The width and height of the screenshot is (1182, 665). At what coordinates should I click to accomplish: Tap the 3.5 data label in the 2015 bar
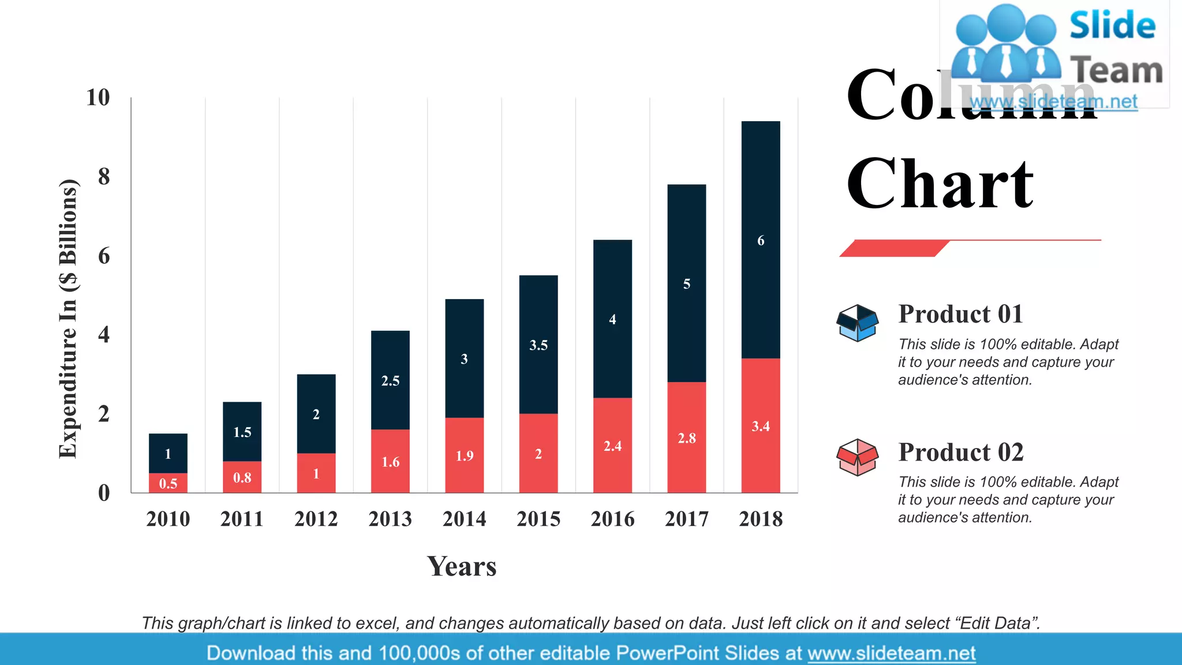click(538, 345)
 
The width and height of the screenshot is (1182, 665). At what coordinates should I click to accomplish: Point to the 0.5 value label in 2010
click(168, 484)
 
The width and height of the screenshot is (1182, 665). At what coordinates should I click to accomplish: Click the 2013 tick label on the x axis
click(390, 519)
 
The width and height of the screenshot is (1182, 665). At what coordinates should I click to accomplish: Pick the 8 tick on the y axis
click(104, 177)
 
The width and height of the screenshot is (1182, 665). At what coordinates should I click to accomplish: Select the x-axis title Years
click(462, 566)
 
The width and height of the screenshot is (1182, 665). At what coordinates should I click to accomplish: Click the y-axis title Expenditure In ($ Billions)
click(68, 319)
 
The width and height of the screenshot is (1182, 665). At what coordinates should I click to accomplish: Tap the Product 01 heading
click(960, 314)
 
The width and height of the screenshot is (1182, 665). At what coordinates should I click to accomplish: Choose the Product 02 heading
click(960, 452)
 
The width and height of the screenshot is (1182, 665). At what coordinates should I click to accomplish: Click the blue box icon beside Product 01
click(858, 323)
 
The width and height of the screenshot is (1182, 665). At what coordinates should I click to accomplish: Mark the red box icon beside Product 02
click(858, 457)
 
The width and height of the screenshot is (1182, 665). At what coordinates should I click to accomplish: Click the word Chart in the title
click(940, 184)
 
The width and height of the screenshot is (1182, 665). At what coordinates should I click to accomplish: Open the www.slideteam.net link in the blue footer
click(891, 653)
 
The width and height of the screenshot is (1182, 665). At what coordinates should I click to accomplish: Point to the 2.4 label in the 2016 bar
click(612, 446)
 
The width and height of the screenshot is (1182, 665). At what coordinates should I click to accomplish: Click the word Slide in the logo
click(1112, 25)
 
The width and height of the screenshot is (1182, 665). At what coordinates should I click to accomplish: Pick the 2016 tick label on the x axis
click(612, 519)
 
